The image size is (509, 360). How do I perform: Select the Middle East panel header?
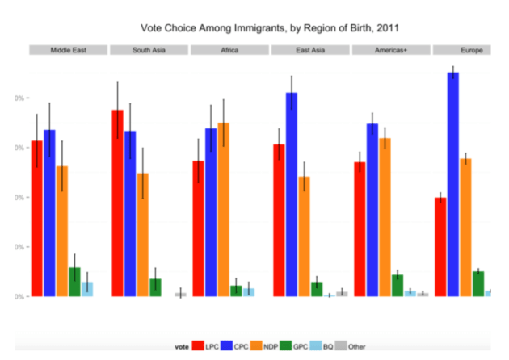(68, 50)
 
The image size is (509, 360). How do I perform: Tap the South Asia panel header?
(149, 50)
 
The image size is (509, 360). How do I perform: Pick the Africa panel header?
(229, 50)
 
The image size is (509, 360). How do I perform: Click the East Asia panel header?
(310, 50)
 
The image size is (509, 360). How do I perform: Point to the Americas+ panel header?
(391, 50)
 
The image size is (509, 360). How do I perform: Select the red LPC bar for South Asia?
(118, 203)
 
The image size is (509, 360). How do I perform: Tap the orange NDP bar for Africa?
(224, 209)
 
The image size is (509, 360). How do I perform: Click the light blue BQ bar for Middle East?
(87, 288)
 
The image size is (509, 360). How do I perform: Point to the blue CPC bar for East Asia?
(292, 194)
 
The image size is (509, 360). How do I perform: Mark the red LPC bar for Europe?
(440, 246)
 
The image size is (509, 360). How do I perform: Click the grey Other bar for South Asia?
(180, 295)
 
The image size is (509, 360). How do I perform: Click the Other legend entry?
(351, 346)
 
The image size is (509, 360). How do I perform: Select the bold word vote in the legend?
(183, 346)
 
